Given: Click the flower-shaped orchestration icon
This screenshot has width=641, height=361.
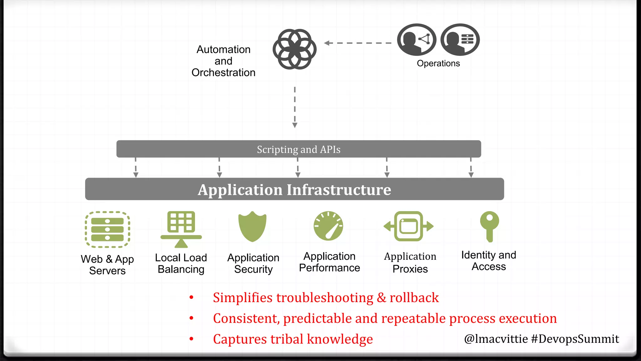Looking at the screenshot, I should [295, 49].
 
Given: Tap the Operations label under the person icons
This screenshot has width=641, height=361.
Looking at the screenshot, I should [438, 63].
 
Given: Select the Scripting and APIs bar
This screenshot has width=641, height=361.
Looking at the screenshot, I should [299, 149].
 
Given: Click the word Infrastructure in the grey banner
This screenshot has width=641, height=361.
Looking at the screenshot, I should [339, 190].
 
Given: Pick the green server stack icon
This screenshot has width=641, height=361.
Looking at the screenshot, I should [107, 229].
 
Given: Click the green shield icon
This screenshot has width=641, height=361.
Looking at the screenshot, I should [252, 226].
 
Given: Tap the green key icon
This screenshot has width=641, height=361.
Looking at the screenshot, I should [490, 226].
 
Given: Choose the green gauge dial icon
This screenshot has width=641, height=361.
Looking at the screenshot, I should [328, 226].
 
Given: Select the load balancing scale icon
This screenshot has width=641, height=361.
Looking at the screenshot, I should [181, 229].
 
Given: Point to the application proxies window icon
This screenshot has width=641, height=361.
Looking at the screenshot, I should [409, 226].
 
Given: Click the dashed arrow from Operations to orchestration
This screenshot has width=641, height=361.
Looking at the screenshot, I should [357, 43].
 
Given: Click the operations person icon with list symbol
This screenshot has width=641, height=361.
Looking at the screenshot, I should [460, 40].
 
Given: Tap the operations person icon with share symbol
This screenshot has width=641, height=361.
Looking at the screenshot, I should [417, 40].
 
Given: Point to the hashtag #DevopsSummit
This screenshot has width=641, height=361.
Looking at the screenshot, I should [575, 339].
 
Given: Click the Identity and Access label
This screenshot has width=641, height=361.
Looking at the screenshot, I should [489, 261].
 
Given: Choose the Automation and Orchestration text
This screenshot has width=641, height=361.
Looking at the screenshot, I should [223, 61].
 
